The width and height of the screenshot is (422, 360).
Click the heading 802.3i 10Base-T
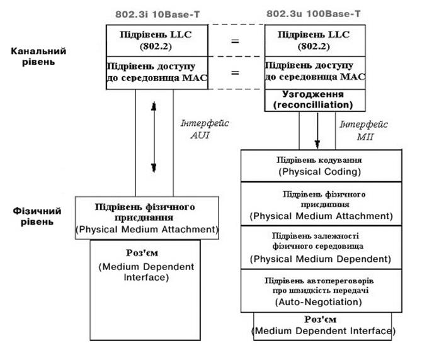[152, 13]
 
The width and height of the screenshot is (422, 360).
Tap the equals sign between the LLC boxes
[235, 42]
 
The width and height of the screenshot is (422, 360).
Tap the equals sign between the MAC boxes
[235, 73]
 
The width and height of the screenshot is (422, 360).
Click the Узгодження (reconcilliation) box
[314, 99]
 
